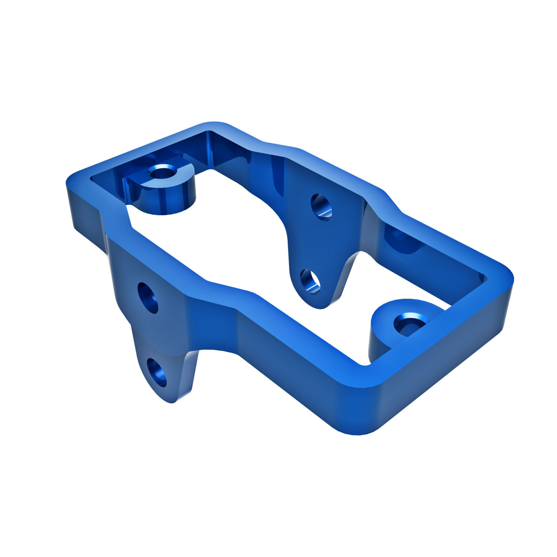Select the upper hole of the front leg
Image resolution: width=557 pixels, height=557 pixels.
[x=148, y=298]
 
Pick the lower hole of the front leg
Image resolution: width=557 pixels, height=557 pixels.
[x=157, y=372]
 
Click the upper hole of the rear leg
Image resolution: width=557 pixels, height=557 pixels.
[x=321, y=207]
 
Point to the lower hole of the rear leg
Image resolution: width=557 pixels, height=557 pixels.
[x=310, y=281]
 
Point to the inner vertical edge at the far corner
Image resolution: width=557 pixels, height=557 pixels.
[x=209, y=148]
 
